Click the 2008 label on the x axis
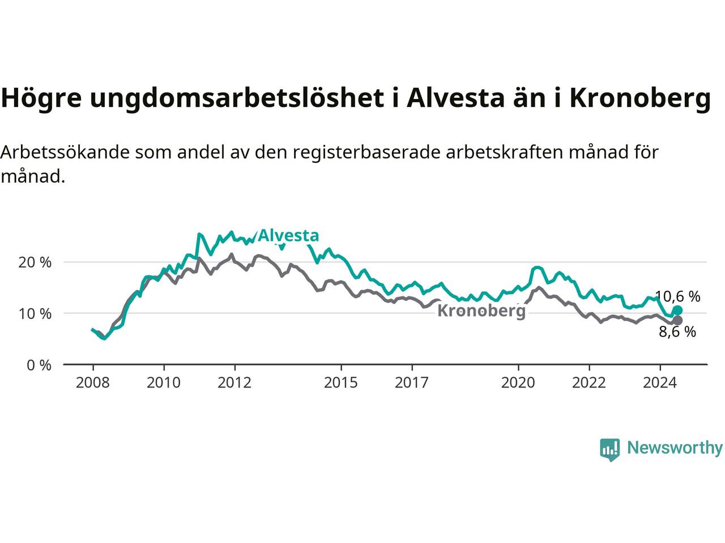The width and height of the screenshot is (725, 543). [x=92, y=383]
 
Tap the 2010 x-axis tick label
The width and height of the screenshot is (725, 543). [x=164, y=383]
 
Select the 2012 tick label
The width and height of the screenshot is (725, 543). [x=234, y=383]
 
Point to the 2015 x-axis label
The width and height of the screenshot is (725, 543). [x=341, y=383]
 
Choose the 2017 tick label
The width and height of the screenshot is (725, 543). [x=412, y=383]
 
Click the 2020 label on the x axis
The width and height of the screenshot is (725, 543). [x=518, y=383]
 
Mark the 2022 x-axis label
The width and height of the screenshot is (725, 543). [x=589, y=383]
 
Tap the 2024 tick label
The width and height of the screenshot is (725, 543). [x=660, y=383]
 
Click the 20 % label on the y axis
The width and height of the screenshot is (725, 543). [x=35, y=262]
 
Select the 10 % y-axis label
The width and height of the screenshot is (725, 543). [x=35, y=314]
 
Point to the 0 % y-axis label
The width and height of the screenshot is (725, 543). [x=39, y=365]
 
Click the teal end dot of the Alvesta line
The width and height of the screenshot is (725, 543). [x=677, y=310]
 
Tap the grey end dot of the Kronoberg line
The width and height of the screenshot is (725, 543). [x=677, y=321]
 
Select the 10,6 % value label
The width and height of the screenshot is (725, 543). [x=677, y=297]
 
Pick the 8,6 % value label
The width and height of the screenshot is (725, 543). [x=677, y=331]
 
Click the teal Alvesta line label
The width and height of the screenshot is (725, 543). [x=288, y=236]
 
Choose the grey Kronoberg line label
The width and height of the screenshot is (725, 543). [x=481, y=311]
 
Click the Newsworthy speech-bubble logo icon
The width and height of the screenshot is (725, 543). [x=609, y=450]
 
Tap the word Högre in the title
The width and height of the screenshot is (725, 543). [x=41, y=98]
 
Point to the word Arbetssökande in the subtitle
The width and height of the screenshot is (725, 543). [x=65, y=152]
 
